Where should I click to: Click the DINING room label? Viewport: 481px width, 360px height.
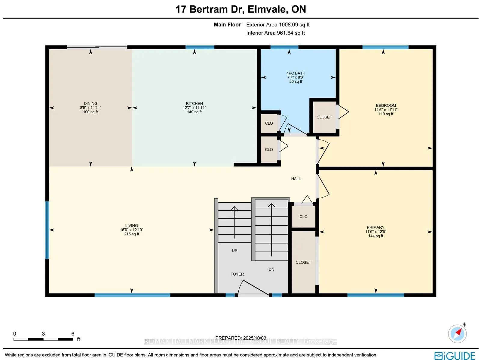pyautogui.click(x=90, y=103)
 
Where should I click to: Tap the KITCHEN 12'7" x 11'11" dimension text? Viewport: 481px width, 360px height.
pyautogui.click(x=194, y=108)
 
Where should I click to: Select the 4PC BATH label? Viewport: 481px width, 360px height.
pyautogui.click(x=296, y=73)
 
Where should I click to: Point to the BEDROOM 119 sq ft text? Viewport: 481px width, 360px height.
pyautogui.click(x=386, y=114)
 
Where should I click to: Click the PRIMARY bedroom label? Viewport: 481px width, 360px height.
pyautogui.click(x=375, y=227)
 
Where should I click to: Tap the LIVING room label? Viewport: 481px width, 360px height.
pyautogui.click(x=131, y=225)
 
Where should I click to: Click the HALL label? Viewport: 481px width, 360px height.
pyautogui.click(x=296, y=179)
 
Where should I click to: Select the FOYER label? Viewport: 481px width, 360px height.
pyautogui.click(x=237, y=274)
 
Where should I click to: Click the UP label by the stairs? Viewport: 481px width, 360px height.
pyautogui.click(x=234, y=250)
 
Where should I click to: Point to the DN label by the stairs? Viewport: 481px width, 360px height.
pyautogui.click(x=271, y=270)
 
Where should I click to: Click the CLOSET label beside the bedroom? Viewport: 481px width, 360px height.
pyautogui.click(x=324, y=117)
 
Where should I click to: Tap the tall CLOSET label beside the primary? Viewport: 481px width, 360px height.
pyautogui.click(x=303, y=262)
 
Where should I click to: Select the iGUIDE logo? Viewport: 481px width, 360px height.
pyautogui.click(x=455, y=356)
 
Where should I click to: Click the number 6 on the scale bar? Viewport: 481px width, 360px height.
pyautogui.click(x=73, y=334)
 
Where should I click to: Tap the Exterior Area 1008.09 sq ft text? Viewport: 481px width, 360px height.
pyautogui.click(x=278, y=25)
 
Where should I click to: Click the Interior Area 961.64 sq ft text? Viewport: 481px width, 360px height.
pyautogui.click(x=275, y=33)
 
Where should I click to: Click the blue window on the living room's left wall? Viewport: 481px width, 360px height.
pyautogui.click(x=47, y=230)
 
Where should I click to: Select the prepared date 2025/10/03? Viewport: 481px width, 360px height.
pyautogui.click(x=240, y=338)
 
